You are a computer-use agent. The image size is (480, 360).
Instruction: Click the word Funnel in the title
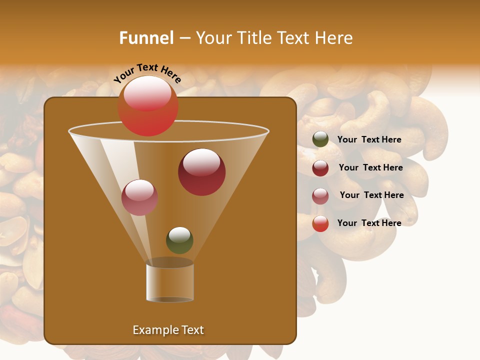(146, 38)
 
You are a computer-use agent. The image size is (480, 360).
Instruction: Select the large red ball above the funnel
(148, 106)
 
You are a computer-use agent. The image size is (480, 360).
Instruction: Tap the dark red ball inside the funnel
(201, 172)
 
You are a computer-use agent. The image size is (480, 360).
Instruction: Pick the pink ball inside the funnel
(139, 197)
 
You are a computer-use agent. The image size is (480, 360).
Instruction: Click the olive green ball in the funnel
(179, 240)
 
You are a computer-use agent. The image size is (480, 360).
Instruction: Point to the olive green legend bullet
(320, 139)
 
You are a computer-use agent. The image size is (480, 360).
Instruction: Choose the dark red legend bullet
(320, 168)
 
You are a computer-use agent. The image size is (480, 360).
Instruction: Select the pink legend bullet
(320, 196)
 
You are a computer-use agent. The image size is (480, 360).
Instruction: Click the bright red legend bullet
(320, 223)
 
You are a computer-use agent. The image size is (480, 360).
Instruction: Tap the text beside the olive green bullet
(369, 139)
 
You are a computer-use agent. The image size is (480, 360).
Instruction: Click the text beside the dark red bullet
(370, 167)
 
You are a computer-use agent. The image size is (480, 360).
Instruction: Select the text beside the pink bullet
(371, 195)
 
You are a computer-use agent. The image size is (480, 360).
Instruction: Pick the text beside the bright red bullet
(369, 223)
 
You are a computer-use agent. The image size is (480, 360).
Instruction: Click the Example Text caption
(168, 330)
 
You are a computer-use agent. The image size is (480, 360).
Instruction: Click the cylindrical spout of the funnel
(170, 282)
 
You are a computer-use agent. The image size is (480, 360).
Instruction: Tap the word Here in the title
(334, 38)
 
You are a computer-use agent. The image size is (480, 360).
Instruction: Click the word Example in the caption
(153, 330)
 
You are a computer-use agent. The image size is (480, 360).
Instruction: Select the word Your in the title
(212, 38)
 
